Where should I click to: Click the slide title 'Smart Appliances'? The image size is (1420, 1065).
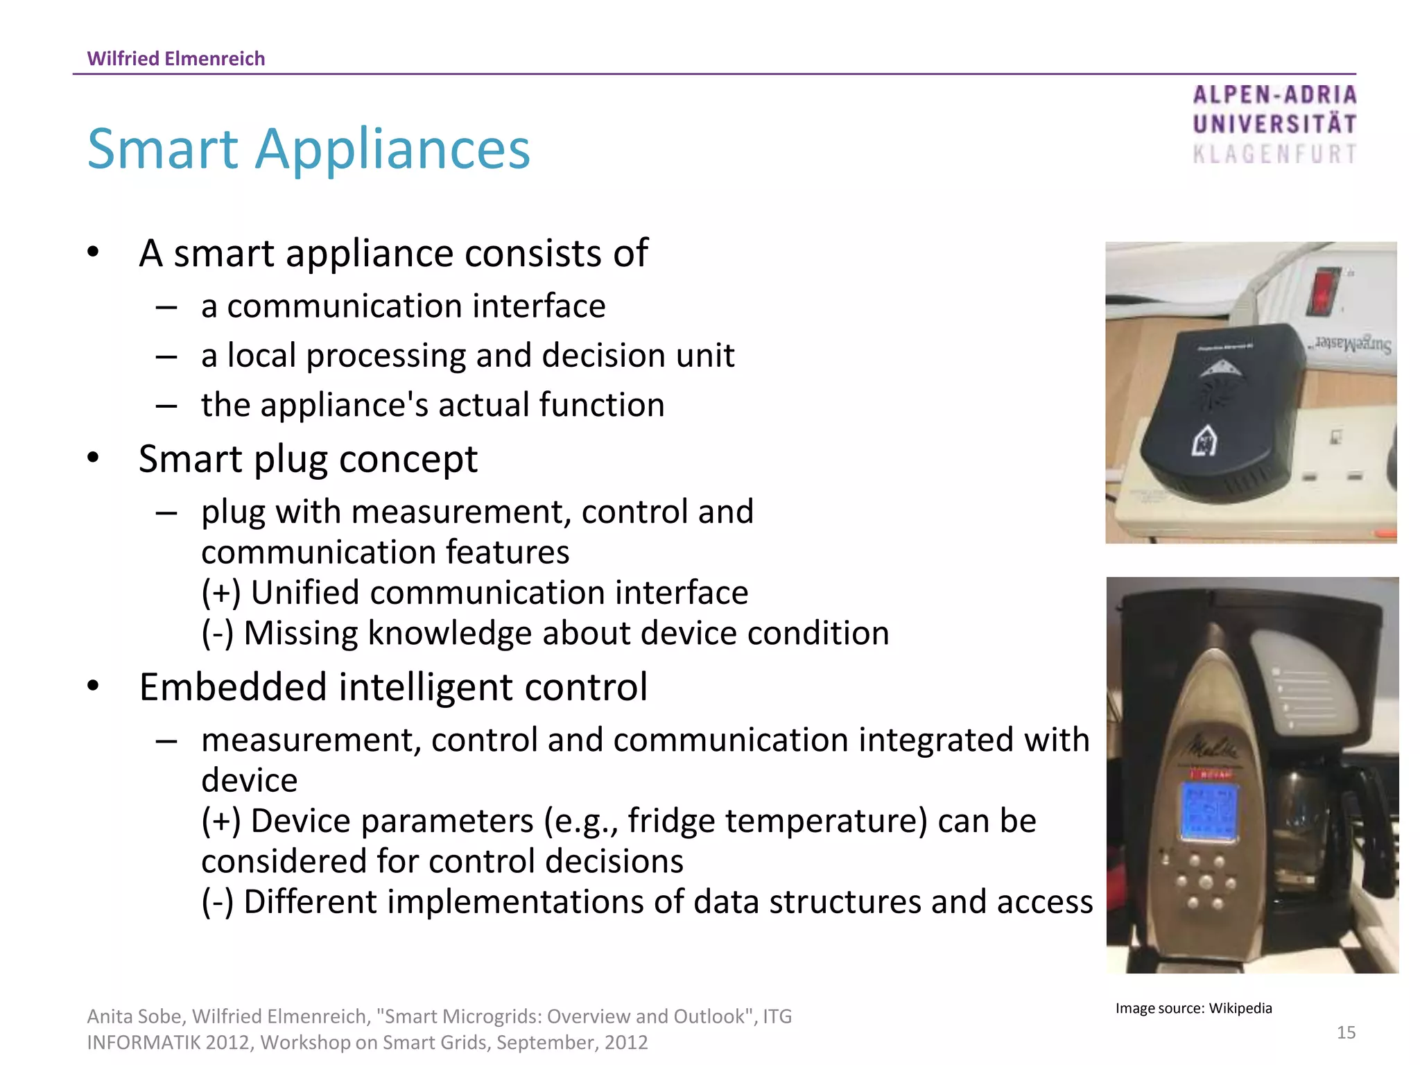(x=309, y=149)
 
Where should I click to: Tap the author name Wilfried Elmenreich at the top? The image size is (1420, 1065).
(x=175, y=58)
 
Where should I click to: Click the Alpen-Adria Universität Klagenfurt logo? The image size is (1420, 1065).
(x=1274, y=125)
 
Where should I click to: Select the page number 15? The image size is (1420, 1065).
(x=1346, y=1032)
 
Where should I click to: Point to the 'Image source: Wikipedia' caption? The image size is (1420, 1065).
(x=1193, y=1008)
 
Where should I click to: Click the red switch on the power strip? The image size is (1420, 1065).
(x=1322, y=291)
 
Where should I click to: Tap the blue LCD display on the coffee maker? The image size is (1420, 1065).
(x=1208, y=811)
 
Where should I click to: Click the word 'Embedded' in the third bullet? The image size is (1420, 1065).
(x=233, y=687)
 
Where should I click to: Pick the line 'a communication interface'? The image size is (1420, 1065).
(x=403, y=306)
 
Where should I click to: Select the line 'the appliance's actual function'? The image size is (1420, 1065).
(x=433, y=405)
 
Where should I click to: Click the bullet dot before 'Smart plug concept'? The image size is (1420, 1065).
(x=94, y=458)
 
